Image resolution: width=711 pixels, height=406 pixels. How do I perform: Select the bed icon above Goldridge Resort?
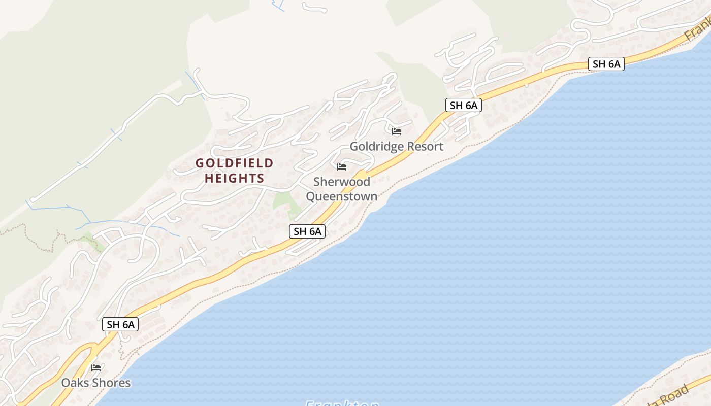397,131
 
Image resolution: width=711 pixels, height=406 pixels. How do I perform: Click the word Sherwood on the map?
341,182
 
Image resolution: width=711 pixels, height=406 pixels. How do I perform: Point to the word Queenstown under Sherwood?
341,196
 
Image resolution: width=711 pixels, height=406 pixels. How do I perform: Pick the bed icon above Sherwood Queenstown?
342,166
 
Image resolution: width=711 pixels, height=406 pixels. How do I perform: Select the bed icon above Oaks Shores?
96,367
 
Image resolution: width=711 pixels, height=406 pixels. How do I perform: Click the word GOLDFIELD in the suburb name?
235,163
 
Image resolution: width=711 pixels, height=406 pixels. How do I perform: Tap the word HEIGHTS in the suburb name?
235,178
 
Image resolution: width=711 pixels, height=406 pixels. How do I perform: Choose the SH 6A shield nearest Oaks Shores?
120,324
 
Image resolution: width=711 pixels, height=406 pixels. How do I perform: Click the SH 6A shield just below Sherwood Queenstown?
307,231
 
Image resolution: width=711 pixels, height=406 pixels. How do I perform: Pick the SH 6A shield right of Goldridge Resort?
463,105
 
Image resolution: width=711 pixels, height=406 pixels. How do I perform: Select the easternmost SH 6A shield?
606,64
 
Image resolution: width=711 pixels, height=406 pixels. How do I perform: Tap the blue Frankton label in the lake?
342,403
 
